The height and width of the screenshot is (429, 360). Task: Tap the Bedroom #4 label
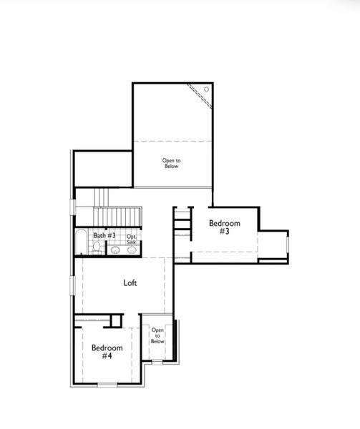[x=107, y=352]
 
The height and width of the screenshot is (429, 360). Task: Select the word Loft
[x=130, y=282]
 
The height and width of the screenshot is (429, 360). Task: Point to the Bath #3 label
[x=104, y=235]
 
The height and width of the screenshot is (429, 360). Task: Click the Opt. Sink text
[x=132, y=240]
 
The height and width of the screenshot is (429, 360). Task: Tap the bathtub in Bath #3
[x=80, y=243]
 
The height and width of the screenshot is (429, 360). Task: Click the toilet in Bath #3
[x=97, y=248]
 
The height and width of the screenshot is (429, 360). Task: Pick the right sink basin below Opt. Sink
[x=132, y=250]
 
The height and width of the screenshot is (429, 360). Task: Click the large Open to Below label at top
[x=171, y=164]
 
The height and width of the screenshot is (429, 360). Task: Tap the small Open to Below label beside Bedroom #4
[x=157, y=336]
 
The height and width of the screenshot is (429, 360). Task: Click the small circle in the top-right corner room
[x=206, y=89]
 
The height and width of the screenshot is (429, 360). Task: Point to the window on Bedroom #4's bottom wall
[x=107, y=385]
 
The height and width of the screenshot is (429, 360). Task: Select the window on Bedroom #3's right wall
[x=288, y=245]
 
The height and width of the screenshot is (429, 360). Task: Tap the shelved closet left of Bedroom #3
[x=183, y=222]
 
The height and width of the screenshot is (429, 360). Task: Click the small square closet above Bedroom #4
[x=117, y=320]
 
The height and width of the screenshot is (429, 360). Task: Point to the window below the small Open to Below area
[x=157, y=362]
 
